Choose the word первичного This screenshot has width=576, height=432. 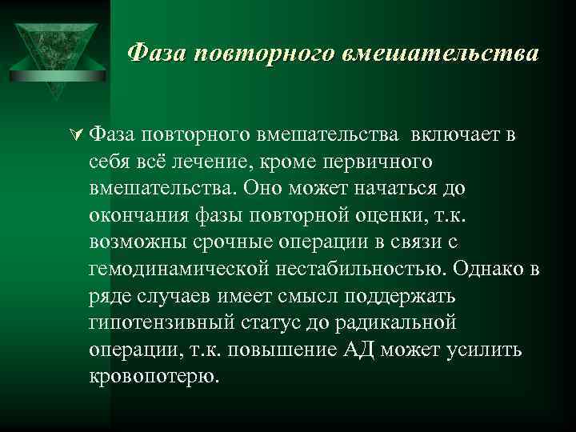379,162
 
